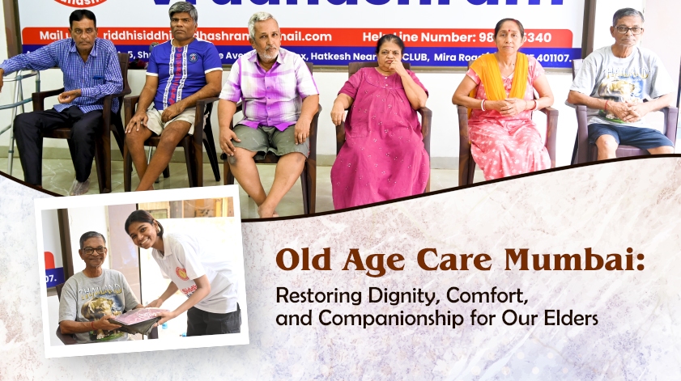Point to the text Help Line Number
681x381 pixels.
coord(422,36)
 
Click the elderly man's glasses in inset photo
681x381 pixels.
coord(94,251)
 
